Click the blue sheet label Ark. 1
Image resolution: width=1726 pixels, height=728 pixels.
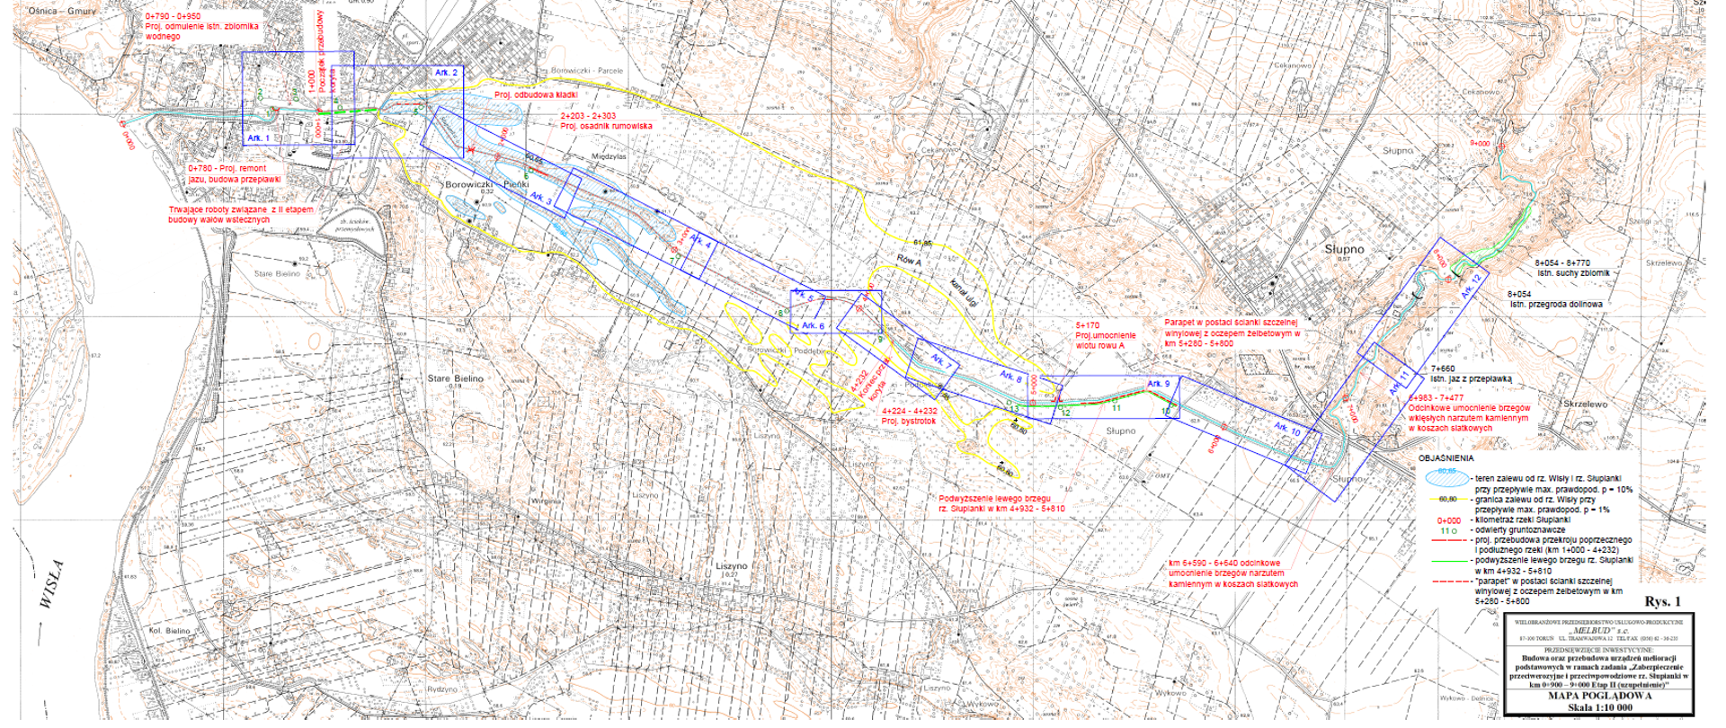258,138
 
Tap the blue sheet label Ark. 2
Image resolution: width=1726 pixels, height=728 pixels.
447,72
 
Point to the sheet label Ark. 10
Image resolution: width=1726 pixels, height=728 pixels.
1287,431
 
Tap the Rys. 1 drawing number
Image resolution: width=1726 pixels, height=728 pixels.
1660,601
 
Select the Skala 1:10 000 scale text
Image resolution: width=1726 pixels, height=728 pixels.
1597,707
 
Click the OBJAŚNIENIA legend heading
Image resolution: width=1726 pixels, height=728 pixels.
1447,458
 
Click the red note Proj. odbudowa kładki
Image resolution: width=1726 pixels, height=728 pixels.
535,94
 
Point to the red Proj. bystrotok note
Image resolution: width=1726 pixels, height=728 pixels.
909,420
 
